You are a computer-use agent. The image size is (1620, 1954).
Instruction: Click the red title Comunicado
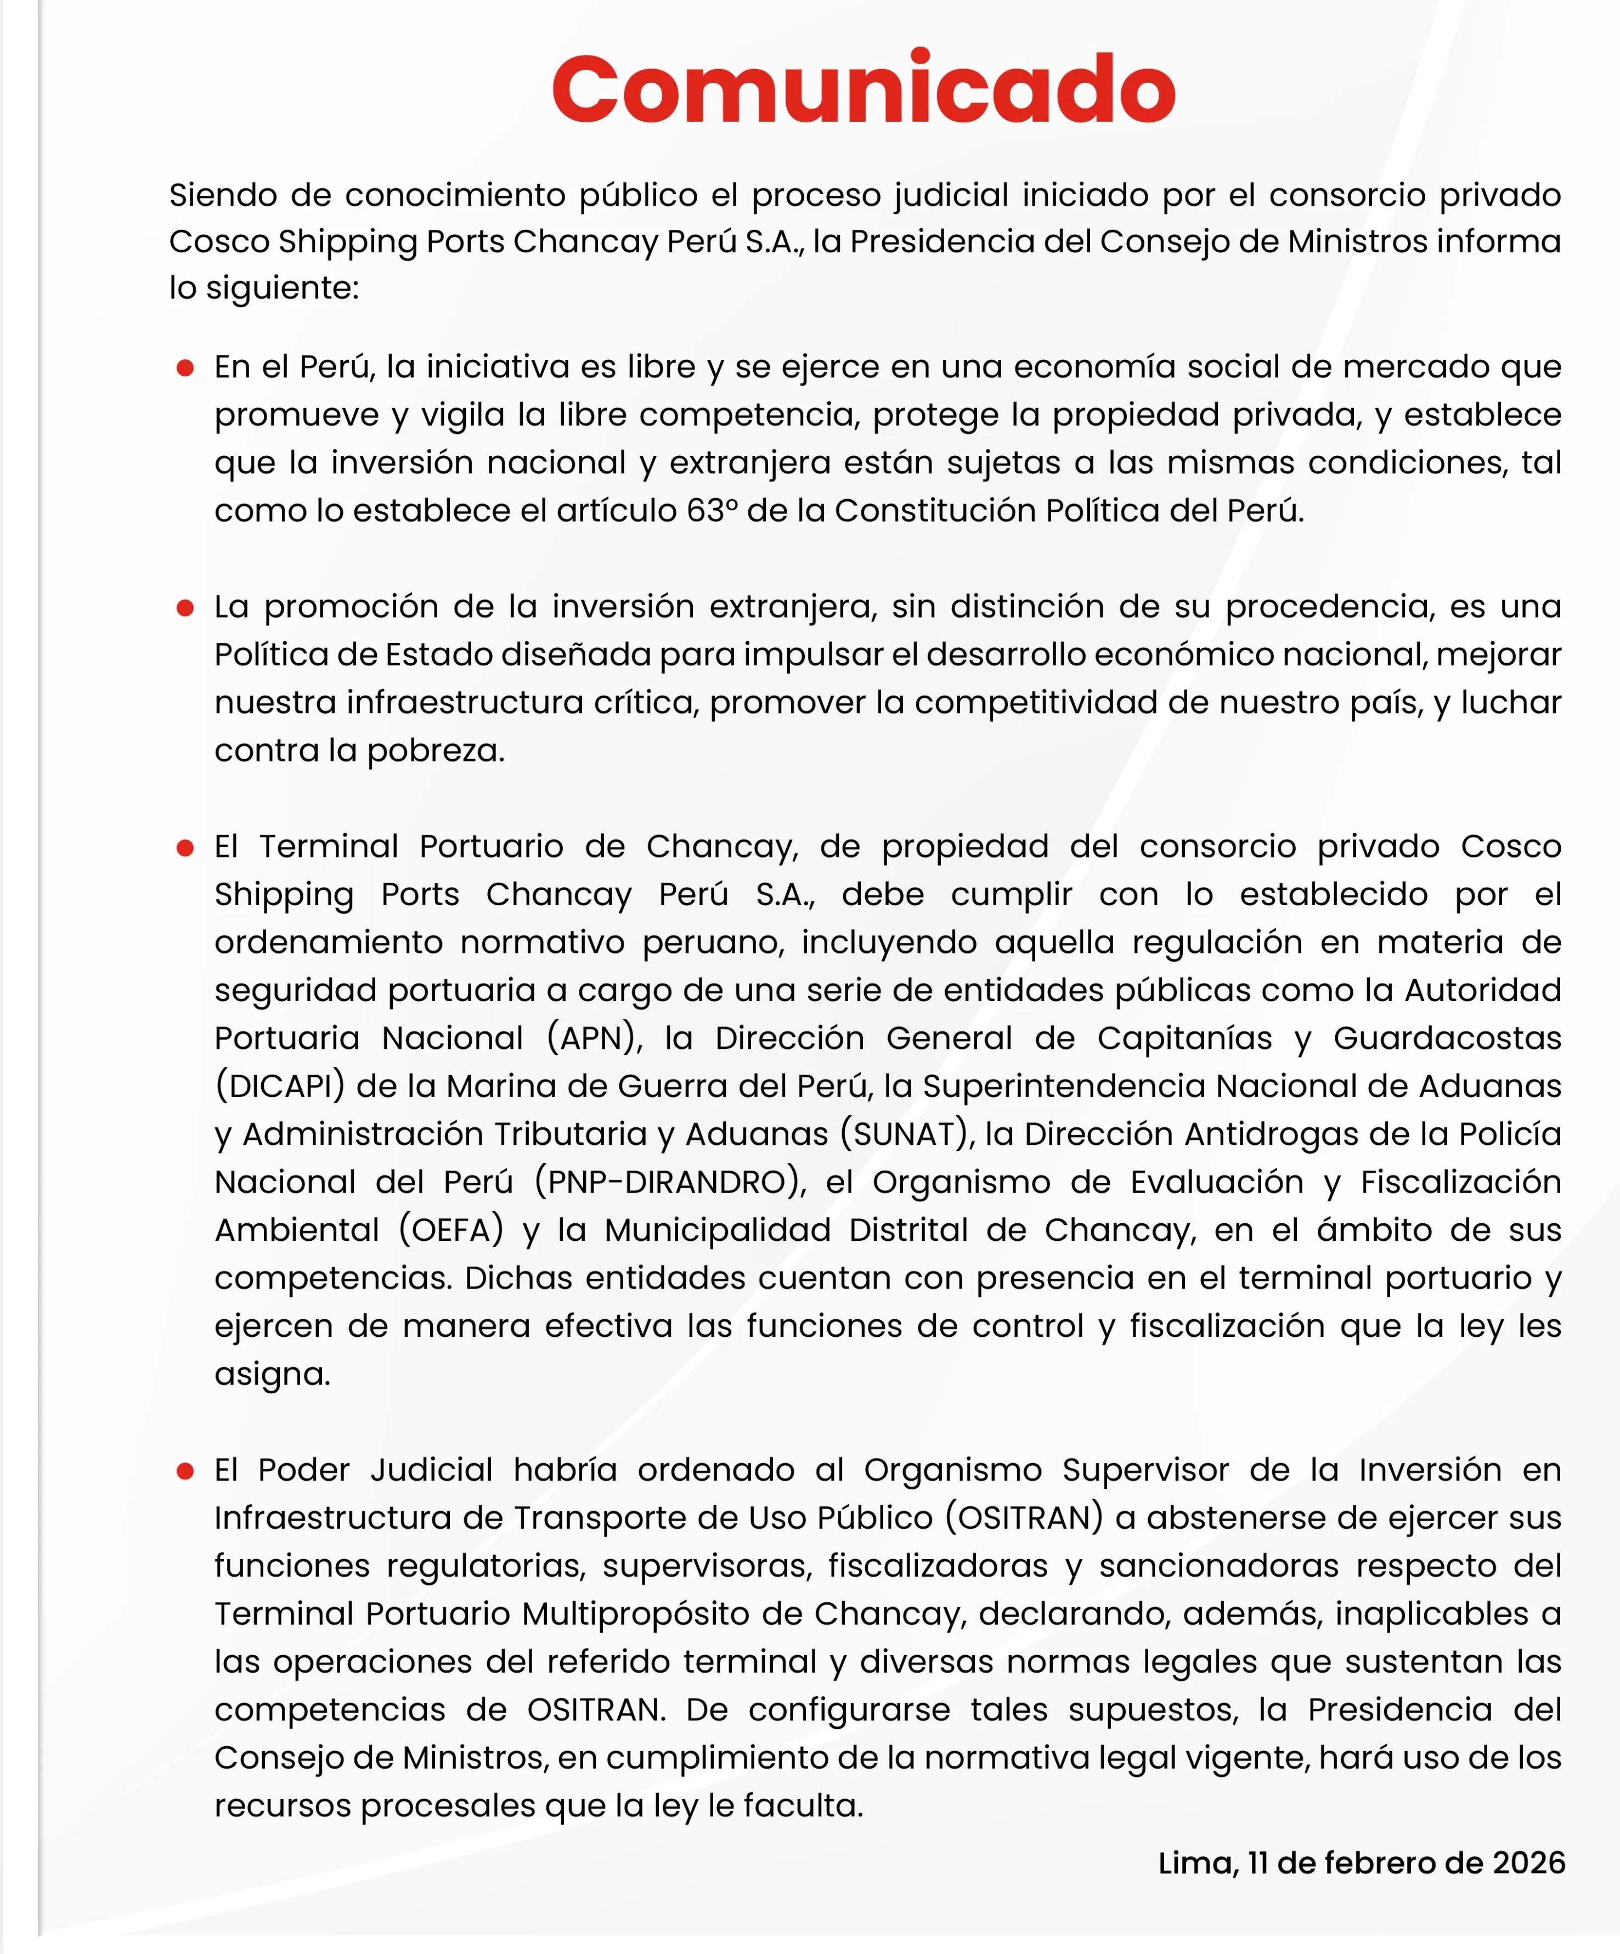pos(863,88)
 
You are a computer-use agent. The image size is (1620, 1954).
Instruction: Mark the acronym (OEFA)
pos(451,1230)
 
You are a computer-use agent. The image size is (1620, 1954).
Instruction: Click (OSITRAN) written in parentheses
pos(1024,1517)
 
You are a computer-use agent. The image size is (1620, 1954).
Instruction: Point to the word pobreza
pos(436,750)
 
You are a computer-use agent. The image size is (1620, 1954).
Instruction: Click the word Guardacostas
pos(1447,1037)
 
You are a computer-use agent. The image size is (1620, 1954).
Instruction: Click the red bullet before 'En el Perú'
pos(185,368)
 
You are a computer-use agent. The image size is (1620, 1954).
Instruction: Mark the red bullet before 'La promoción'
pos(185,608)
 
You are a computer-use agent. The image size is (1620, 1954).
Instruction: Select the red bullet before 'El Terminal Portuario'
pos(185,848)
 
